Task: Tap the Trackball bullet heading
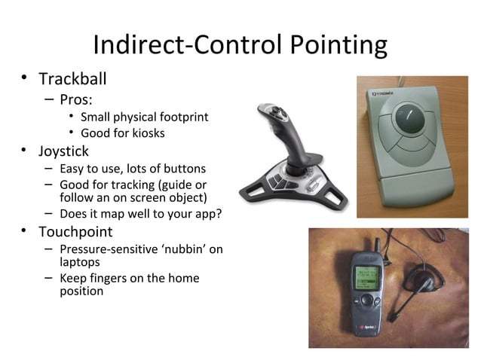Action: pos(72,79)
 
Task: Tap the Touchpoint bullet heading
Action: pos(75,231)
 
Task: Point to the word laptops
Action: pos(80,263)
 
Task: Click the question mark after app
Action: pos(218,213)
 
